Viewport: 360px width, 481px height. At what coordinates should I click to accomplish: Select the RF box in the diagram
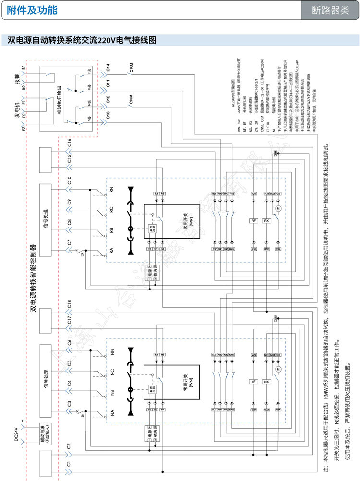254,221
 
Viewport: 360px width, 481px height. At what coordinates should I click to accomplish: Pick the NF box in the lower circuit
254,382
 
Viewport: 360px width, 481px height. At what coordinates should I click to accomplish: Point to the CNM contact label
132,99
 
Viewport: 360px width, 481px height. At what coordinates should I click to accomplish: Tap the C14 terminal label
108,67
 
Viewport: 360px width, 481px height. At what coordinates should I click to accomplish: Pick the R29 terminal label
254,193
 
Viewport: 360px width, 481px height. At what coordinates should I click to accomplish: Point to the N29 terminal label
254,355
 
